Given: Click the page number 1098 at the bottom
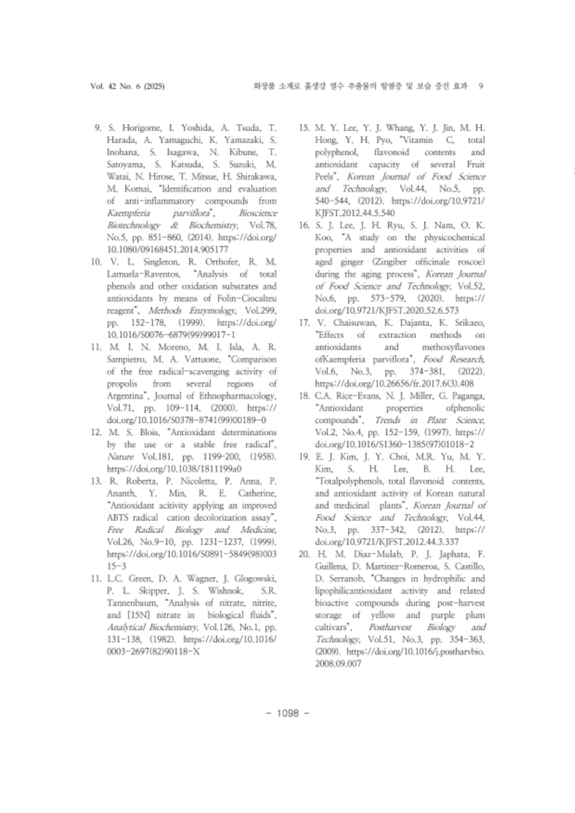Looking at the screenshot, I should click(x=287, y=713).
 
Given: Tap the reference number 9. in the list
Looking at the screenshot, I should click(x=98, y=128).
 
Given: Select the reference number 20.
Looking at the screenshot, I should click(x=304, y=554).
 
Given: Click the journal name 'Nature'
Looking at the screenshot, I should click(x=120, y=457).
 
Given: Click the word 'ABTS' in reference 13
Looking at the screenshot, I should click(x=117, y=518).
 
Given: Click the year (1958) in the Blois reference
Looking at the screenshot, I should click(x=262, y=457).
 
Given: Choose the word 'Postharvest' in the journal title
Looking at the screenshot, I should click(x=389, y=627).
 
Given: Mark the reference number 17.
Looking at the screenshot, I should click(x=304, y=323).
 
